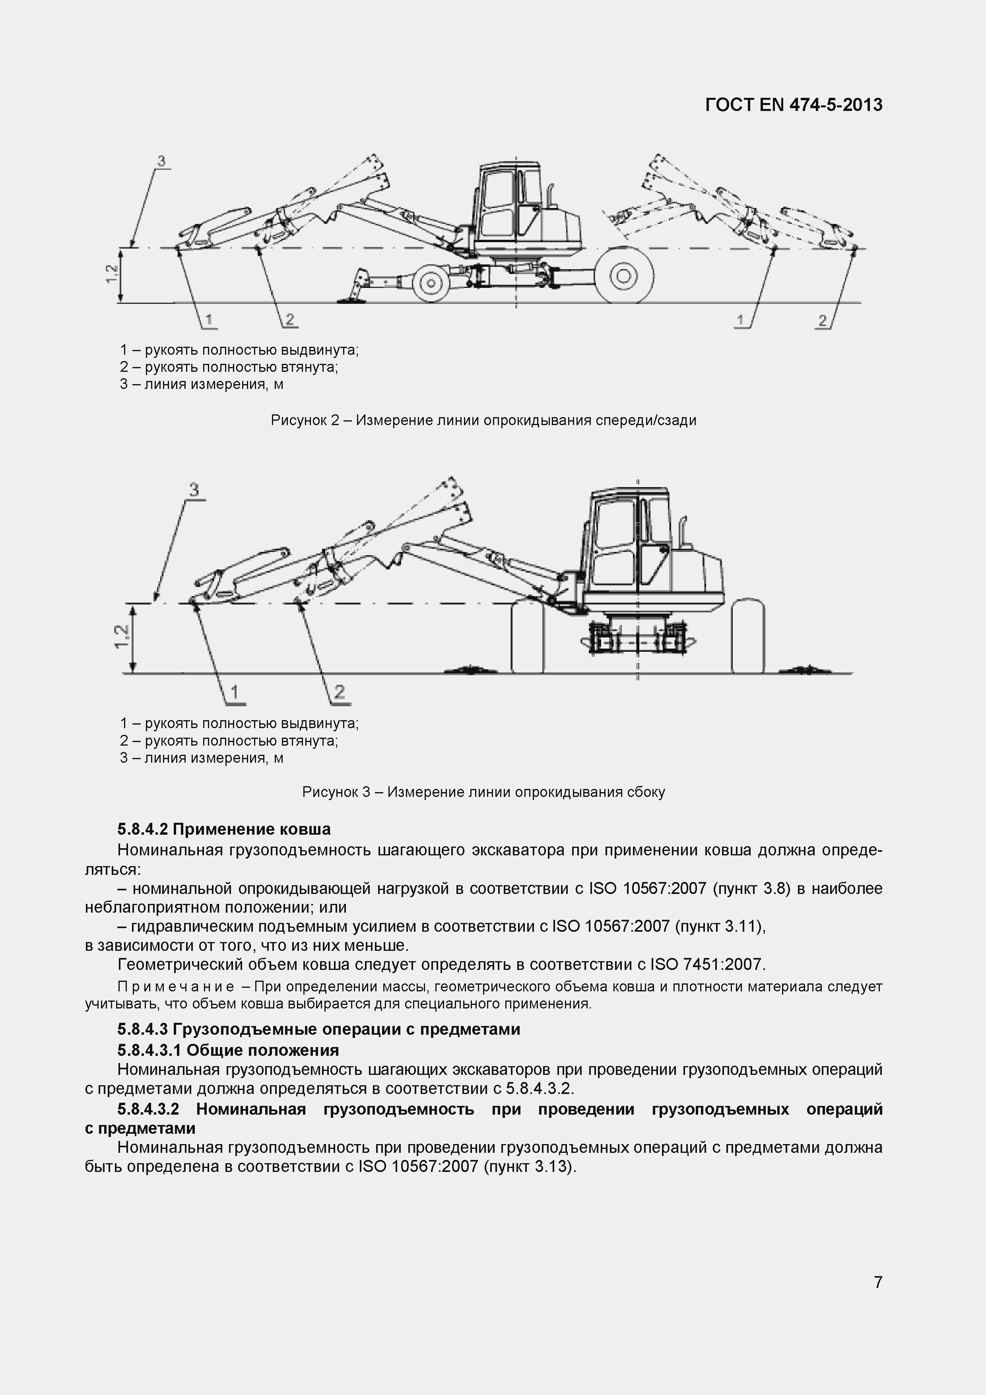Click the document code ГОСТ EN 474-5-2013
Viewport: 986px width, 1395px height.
(794, 105)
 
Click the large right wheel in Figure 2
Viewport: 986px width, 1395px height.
(623, 276)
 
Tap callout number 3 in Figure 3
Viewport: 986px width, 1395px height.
(194, 490)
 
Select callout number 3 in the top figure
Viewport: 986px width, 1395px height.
(161, 161)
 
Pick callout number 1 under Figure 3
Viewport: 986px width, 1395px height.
(234, 692)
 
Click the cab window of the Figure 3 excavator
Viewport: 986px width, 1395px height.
(613, 542)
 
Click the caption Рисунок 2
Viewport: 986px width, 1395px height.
(483, 420)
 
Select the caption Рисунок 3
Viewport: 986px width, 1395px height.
(483, 792)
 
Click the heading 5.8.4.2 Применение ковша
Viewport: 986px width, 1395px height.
(223, 830)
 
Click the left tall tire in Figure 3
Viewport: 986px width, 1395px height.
(527, 636)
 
